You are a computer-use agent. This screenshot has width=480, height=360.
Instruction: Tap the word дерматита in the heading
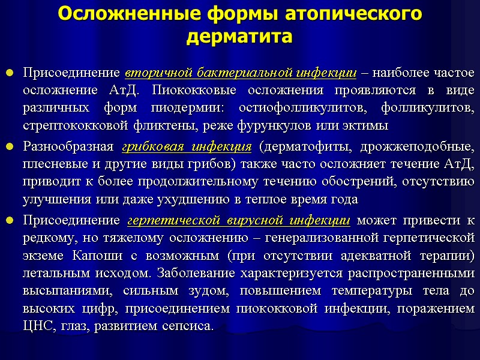pos(239,37)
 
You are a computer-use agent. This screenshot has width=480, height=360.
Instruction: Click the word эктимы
pos(371,126)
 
